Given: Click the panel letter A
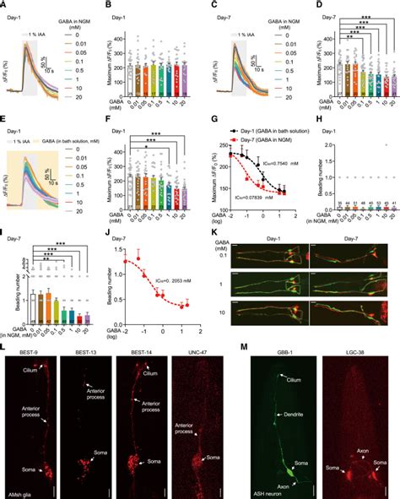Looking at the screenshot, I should coord(4,4).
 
